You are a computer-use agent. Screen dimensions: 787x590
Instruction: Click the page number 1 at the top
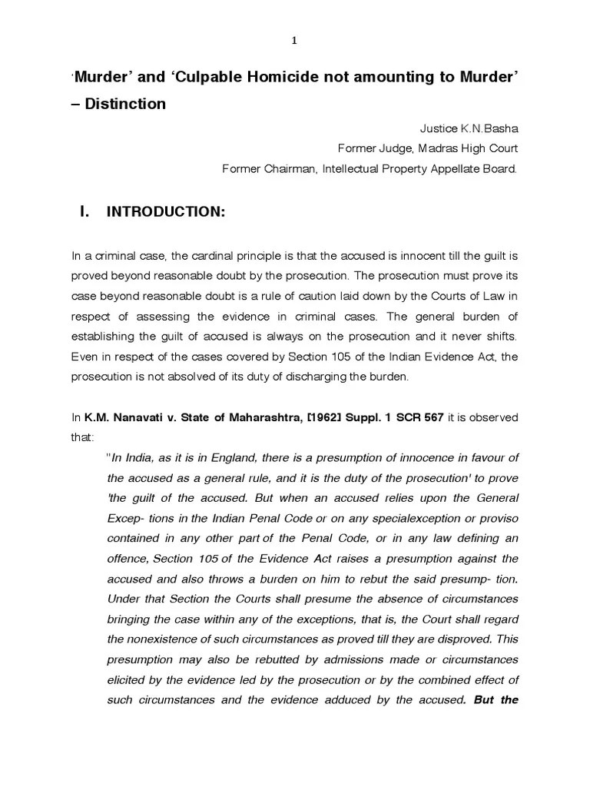294,42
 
